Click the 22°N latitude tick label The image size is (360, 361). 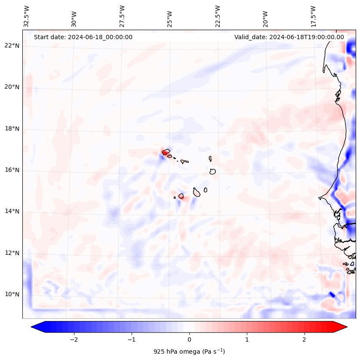[x=12, y=46]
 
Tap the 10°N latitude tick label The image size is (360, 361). [x=12, y=294]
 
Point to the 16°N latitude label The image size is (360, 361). [x=12, y=170]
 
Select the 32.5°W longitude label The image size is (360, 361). [x=27, y=16]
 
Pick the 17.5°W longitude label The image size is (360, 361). [x=314, y=16]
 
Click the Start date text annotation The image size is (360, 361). [x=83, y=37]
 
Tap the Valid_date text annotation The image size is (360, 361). [x=289, y=37]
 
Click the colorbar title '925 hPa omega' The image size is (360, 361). [x=189, y=352]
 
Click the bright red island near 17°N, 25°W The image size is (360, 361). [x=165, y=152]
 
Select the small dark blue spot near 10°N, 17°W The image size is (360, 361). [x=332, y=294]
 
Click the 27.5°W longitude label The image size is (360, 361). [x=122, y=16]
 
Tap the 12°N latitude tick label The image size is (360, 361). [x=12, y=253]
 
